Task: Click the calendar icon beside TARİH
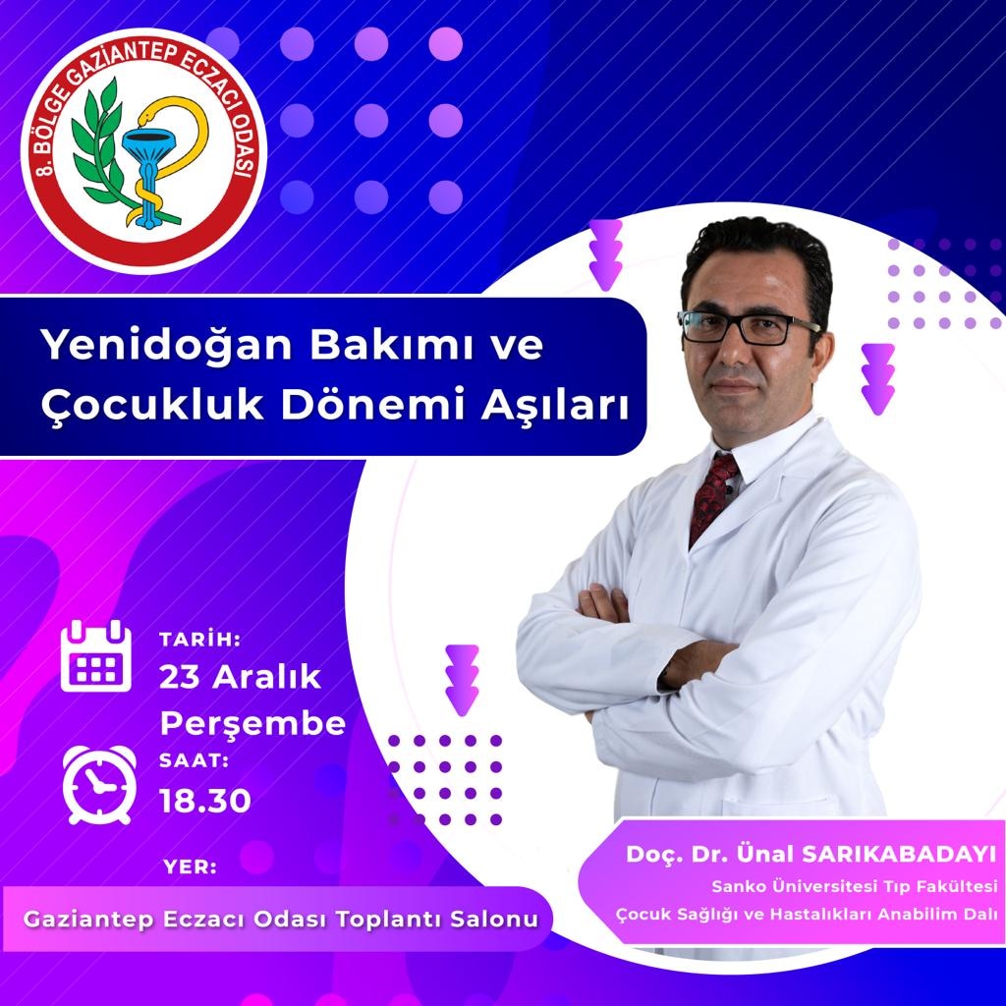[x=96, y=655]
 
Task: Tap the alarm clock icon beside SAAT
[x=99, y=785]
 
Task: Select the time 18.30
[x=205, y=801]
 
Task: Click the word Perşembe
[x=252, y=725]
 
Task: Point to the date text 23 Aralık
[x=241, y=677]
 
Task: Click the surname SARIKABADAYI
[x=900, y=854]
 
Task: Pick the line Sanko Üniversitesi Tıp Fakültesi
[x=855, y=886]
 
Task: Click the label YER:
[x=190, y=866]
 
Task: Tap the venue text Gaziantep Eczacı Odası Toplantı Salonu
[x=280, y=919]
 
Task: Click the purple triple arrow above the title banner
[x=605, y=254]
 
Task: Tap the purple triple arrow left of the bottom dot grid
[x=462, y=680]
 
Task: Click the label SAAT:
[x=194, y=760]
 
